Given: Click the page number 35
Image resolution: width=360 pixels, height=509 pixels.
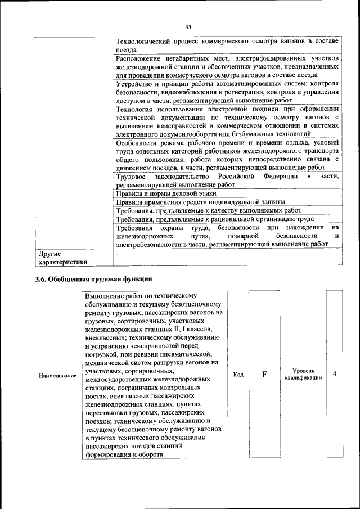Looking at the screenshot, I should coord(188,26).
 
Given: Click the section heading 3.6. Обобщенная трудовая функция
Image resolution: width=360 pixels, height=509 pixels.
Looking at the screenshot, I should coord(94,279).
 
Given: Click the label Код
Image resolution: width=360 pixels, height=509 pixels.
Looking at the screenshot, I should coord(237,375).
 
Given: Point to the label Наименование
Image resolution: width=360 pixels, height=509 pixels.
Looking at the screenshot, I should coord(57,375).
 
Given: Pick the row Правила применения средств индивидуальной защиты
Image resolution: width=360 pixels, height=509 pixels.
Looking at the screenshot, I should coord(200,201).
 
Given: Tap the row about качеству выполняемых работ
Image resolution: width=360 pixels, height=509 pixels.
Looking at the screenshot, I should coord(209,210).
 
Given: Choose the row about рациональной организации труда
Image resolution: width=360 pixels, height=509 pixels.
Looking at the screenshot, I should coord(215,219).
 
